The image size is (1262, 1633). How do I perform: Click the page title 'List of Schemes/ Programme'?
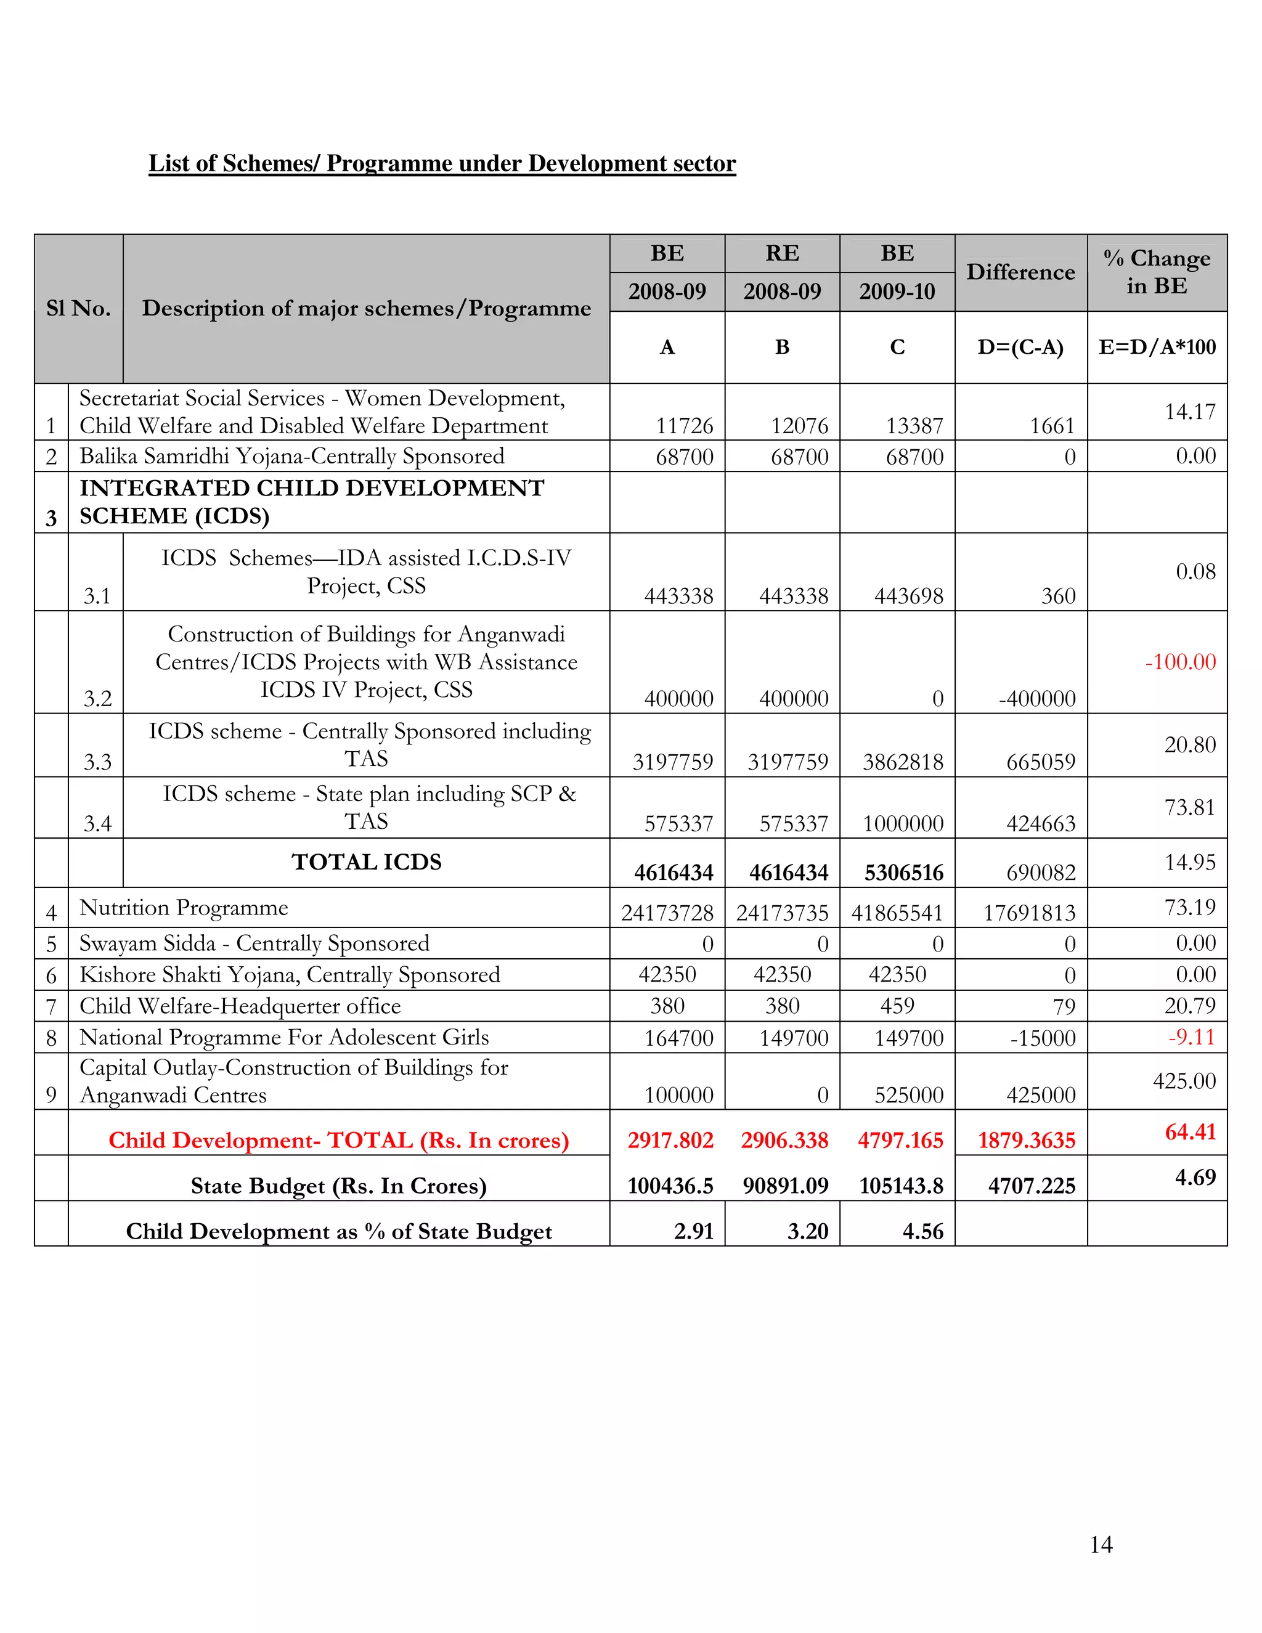click(x=442, y=163)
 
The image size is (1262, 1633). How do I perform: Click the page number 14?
click(x=1101, y=1544)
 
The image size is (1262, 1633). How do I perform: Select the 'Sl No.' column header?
click(x=78, y=308)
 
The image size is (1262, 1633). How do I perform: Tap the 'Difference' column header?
click(x=1020, y=272)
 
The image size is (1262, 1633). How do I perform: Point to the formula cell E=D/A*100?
click(x=1157, y=347)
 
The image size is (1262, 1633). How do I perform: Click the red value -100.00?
click(x=1181, y=662)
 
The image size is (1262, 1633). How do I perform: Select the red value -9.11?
click(x=1192, y=1037)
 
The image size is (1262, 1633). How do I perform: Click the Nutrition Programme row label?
click(x=184, y=908)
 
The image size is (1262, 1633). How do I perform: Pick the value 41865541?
click(x=897, y=913)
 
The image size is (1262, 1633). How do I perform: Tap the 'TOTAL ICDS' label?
click(x=367, y=862)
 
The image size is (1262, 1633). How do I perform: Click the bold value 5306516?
click(x=904, y=873)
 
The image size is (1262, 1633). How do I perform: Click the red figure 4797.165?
click(x=900, y=1140)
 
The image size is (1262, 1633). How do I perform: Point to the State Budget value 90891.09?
click(x=785, y=1186)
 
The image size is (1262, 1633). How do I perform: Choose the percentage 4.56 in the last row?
click(x=922, y=1231)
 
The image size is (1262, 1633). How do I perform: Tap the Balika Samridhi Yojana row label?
click(x=291, y=456)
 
